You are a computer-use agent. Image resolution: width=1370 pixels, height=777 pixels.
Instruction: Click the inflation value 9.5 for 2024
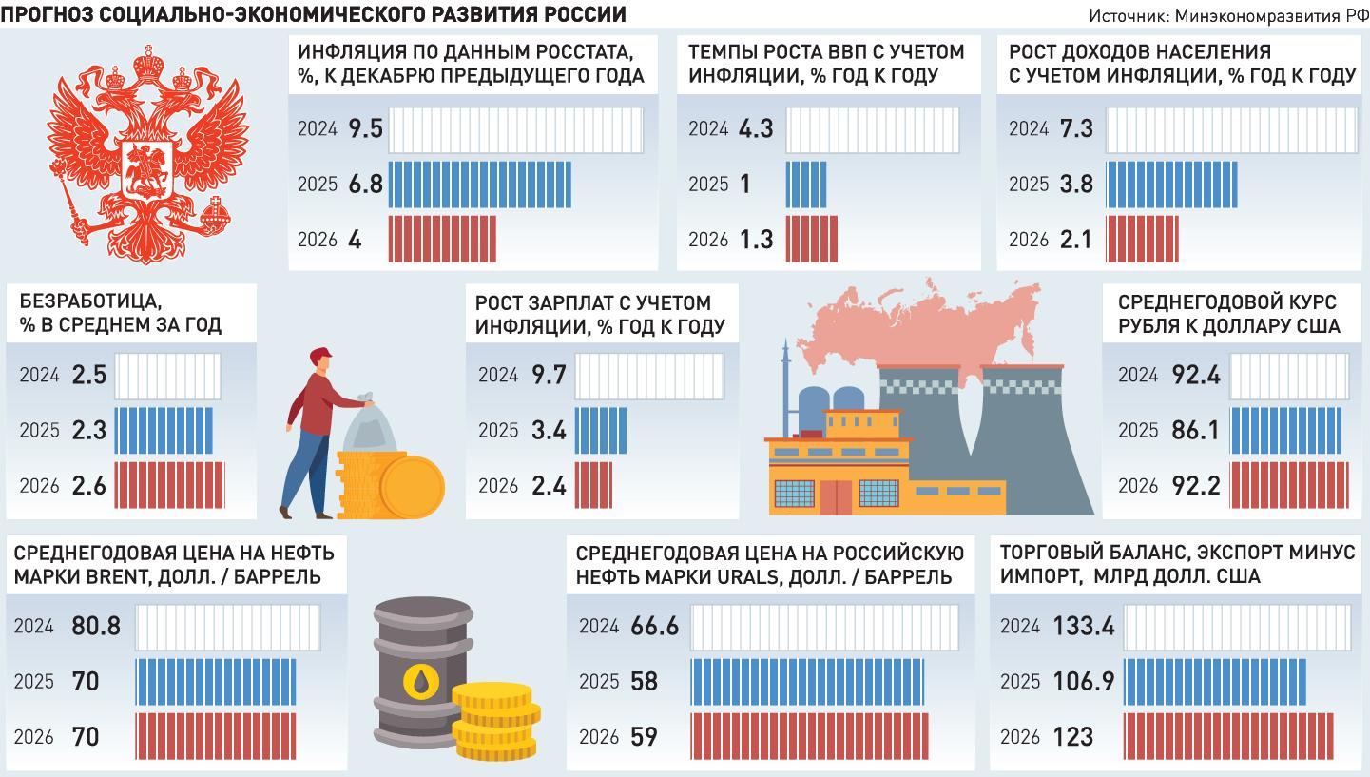point(366,128)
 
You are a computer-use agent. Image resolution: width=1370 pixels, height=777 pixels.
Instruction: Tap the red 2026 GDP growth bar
point(812,239)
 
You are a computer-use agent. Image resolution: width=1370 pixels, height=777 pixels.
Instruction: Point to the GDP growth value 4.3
point(756,128)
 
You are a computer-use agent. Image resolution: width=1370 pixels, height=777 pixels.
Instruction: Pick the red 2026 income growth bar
point(1142,239)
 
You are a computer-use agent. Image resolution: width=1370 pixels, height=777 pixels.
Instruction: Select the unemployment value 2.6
point(88,486)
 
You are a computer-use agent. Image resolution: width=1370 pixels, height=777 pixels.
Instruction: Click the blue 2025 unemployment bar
point(163,431)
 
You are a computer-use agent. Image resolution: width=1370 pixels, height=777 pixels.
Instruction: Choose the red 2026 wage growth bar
point(593,486)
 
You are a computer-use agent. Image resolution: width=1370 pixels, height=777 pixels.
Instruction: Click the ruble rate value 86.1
point(1191,431)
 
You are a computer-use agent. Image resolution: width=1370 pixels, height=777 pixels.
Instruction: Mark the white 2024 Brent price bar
point(227,627)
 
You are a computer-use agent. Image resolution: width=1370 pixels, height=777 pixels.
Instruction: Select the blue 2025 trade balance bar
point(1214,682)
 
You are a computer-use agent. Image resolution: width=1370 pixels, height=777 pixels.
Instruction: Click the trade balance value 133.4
point(1084,627)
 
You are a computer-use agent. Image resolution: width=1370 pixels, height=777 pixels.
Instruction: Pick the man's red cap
point(322,355)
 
